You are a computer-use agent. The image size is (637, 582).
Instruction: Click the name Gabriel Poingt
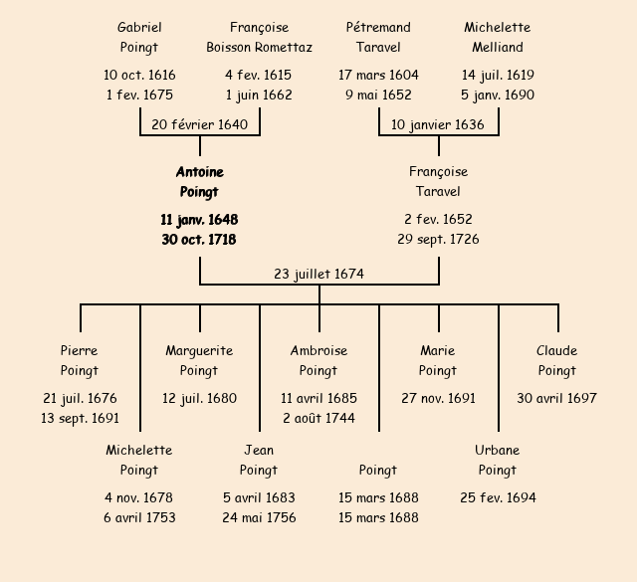click(x=139, y=37)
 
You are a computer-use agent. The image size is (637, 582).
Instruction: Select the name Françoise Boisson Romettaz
click(x=259, y=37)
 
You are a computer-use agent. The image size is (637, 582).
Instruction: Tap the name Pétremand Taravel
click(x=378, y=37)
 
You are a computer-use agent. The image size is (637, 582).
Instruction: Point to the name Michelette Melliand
click(x=498, y=37)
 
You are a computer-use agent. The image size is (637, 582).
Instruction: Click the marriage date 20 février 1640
click(x=199, y=124)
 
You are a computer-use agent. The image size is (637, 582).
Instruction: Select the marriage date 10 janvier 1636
click(x=438, y=124)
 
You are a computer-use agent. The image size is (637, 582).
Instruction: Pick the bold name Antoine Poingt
click(x=199, y=182)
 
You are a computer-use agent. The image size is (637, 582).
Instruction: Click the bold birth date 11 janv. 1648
click(x=199, y=219)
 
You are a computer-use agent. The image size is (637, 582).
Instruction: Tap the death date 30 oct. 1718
click(x=199, y=239)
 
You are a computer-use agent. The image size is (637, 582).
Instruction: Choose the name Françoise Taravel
click(x=438, y=182)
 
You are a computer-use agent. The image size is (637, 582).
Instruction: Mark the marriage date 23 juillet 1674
click(x=318, y=274)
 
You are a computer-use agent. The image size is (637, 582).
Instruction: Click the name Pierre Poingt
click(x=80, y=360)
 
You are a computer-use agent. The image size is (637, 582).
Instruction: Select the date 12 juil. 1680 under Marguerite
click(x=199, y=398)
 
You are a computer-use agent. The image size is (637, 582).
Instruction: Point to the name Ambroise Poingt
click(x=318, y=360)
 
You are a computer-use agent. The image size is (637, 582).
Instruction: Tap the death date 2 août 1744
click(x=318, y=418)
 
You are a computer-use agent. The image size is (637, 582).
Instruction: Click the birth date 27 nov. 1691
click(x=438, y=398)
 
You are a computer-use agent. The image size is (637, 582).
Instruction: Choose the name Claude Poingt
click(x=557, y=360)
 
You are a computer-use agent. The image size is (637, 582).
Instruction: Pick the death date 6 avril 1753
click(x=139, y=517)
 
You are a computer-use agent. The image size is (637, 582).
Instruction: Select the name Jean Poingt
click(x=259, y=460)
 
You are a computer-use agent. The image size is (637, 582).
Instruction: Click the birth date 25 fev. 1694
click(x=498, y=497)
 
